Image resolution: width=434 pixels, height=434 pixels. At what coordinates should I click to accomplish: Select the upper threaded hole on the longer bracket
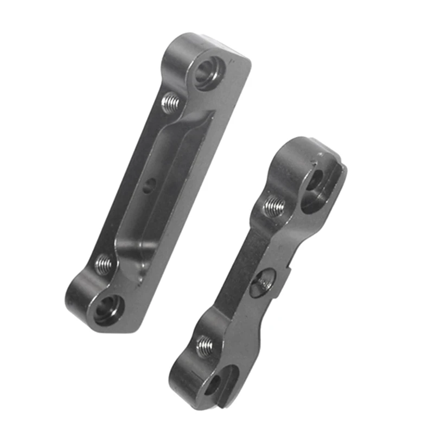click(x=171, y=101)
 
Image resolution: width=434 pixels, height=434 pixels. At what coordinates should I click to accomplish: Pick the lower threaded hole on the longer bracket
click(x=104, y=265)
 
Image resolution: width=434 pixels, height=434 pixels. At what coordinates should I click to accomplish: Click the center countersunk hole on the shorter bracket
click(x=263, y=281)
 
